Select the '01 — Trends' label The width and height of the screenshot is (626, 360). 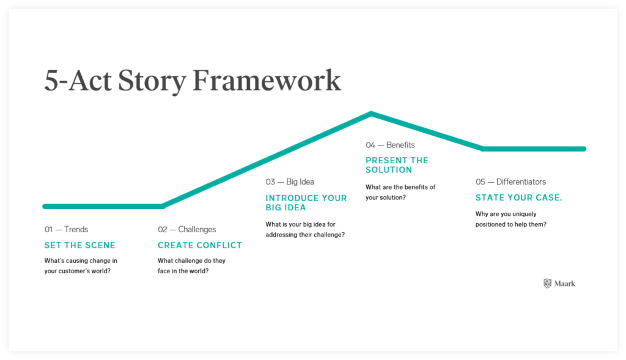click(x=66, y=229)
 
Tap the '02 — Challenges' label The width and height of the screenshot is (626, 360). click(x=187, y=229)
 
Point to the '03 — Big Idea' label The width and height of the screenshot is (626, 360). click(x=290, y=182)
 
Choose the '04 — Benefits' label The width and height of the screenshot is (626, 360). click(x=390, y=145)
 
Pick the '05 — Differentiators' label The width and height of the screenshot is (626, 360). click(x=510, y=182)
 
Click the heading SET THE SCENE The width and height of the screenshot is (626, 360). click(x=79, y=245)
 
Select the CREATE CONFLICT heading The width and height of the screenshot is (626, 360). click(x=200, y=245)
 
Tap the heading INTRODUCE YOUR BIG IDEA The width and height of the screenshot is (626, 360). click(x=306, y=202)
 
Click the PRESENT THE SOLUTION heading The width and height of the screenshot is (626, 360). click(x=397, y=165)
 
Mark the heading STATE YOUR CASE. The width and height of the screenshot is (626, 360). click(x=519, y=197)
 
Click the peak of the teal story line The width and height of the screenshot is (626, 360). click(x=371, y=114)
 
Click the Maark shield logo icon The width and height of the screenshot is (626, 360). click(x=547, y=284)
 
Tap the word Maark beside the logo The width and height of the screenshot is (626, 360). click(x=565, y=284)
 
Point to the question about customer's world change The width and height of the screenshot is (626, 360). click(x=81, y=265)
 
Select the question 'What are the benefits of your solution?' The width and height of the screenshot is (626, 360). click(x=400, y=192)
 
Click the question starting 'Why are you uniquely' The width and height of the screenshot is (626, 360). click(x=510, y=219)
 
